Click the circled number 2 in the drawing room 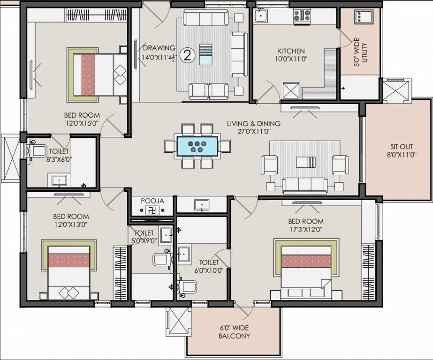pyautogui.click(x=187, y=55)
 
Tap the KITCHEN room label pyautogui.click(x=291, y=51)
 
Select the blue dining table pyautogui.click(x=197, y=146)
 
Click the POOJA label pyautogui.click(x=152, y=201)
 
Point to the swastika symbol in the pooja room pyautogui.click(x=151, y=210)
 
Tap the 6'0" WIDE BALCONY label pyautogui.click(x=234, y=332)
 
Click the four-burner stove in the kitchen pyautogui.click(x=301, y=16)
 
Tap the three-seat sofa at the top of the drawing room pyautogui.click(x=205, y=19)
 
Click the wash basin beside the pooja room pyautogui.click(x=202, y=205)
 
